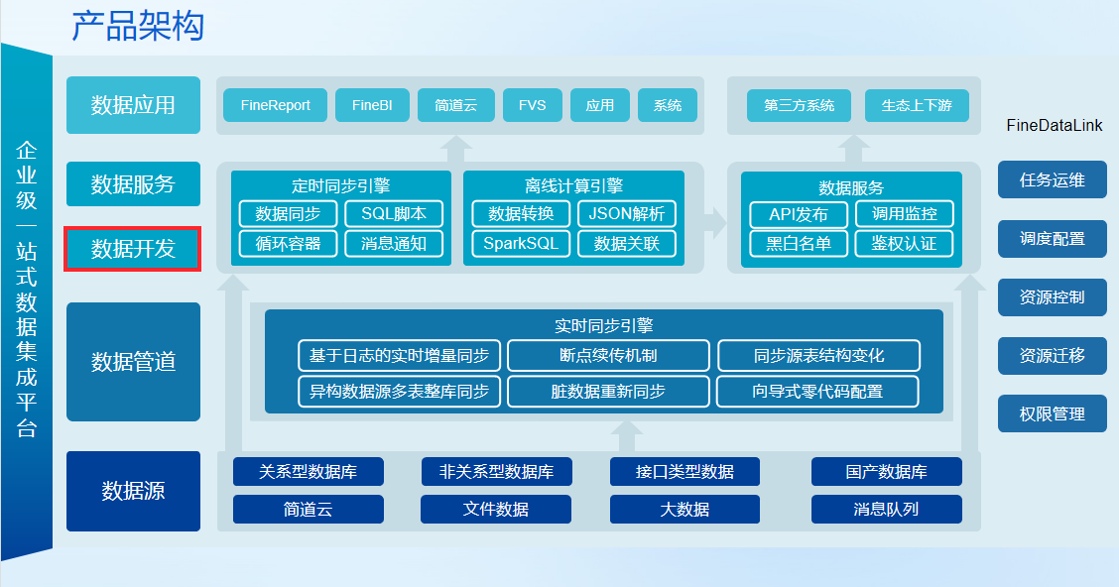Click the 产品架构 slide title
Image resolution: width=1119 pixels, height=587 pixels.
(x=138, y=26)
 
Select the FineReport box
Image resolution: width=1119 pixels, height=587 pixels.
(x=275, y=105)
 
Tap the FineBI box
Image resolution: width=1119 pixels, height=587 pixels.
(x=372, y=105)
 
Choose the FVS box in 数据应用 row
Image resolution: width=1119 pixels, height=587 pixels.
(x=532, y=105)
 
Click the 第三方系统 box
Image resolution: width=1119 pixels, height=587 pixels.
(x=799, y=105)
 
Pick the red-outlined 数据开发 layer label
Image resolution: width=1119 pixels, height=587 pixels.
(x=133, y=249)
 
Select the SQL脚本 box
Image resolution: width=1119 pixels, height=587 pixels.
(x=394, y=214)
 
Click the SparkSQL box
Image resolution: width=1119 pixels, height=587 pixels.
(x=521, y=243)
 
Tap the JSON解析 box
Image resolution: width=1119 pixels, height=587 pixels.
(x=627, y=214)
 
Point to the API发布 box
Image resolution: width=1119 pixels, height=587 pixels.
(x=798, y=214)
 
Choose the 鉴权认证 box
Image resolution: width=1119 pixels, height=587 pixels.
(x=904, y=243)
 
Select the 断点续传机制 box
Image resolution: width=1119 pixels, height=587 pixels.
(x=608, y=355)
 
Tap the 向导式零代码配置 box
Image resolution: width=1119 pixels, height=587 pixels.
(x=817, y=391)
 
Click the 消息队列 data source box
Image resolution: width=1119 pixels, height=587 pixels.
(x=886, y=509)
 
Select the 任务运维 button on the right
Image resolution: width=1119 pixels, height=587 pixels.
(x=1052, y=180)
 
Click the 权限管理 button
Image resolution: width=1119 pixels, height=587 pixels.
(x=1052, y=414)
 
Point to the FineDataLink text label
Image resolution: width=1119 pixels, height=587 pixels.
(x=1054, y=126)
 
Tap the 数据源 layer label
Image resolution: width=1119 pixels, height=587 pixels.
(x=133, y=491)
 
